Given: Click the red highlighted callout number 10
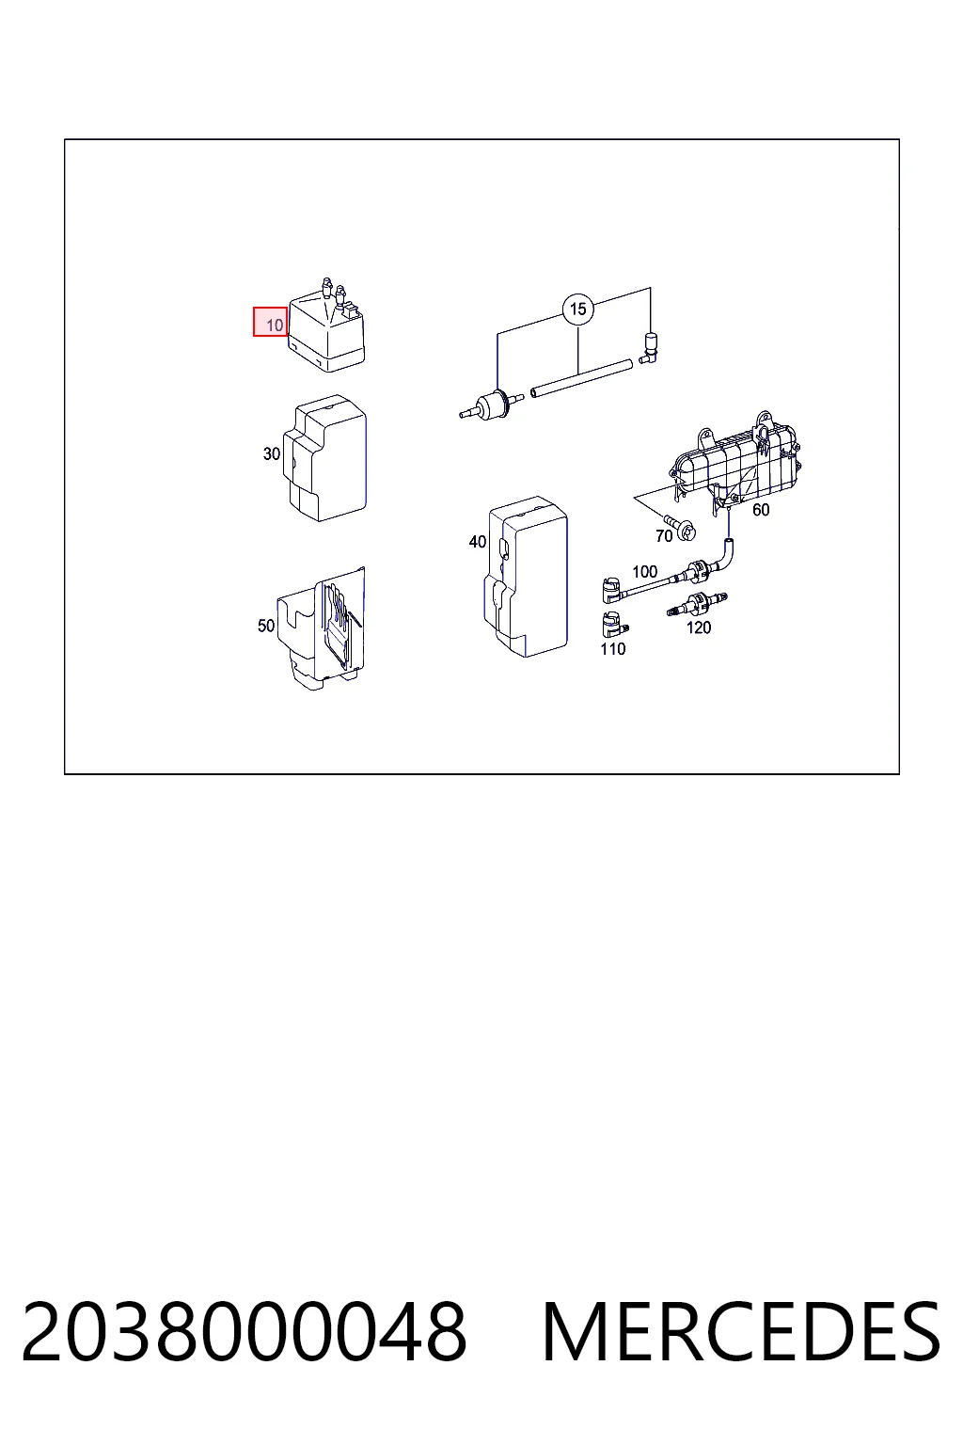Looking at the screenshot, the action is click(x=270, y=321).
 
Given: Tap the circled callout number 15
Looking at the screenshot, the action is click(x=578, y=309).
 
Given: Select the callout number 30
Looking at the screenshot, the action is click(x=272, y=453).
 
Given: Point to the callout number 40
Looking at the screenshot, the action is click(x=478, y=541).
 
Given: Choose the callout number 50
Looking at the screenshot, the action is click(x=266, y=625).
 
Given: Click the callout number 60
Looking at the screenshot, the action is click(x=761, y=510).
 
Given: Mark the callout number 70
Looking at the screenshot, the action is click(x=664, y=535).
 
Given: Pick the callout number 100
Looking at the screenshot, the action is click(x=644, y=571).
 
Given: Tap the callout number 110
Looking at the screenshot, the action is click(x=613, y=648).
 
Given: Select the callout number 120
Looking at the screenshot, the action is click(x=699, y=627).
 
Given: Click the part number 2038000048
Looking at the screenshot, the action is click(x=245, y=1332).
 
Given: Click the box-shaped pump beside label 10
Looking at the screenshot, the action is click(x=327, y=329).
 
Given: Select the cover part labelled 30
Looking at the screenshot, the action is click(x=325, y=458).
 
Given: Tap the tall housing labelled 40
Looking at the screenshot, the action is click(x=526, y=576).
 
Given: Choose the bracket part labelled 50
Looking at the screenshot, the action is click(x=322, y=629).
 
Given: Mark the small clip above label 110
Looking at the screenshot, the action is click(x=613, y=625).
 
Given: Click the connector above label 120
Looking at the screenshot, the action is click(x=697, y=605).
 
